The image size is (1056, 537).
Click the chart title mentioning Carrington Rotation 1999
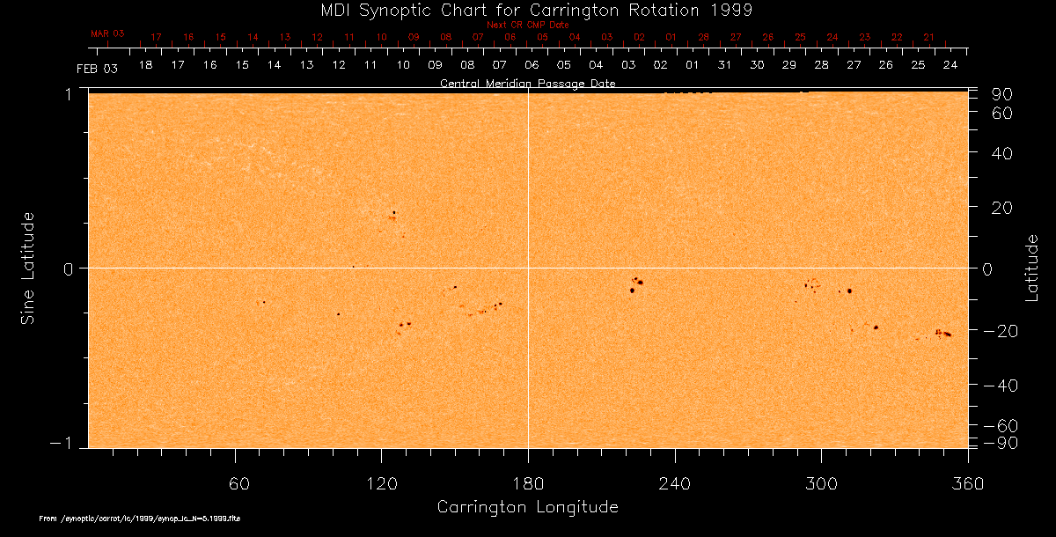coord(528,10)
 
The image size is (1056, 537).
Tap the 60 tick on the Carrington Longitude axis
coord(236,485)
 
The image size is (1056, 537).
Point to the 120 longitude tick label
coord(382,485)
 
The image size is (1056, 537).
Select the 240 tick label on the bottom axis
coord(675,485)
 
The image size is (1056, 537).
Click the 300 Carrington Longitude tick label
coord(821,485)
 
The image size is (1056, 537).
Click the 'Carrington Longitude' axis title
coord(527,507)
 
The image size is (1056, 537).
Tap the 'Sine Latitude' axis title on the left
coord(28,268)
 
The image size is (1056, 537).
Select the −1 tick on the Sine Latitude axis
coord(66,445)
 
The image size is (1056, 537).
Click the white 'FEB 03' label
coord(97,69)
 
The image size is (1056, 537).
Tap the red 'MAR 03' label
coord(107,33)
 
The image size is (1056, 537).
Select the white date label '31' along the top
coord(724,66)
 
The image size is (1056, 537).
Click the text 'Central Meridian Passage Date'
coord(527,84)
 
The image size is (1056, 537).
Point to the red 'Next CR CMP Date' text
coord(527,25)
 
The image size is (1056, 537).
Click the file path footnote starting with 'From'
coord(140,519)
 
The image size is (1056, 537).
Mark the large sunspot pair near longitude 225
coord(635,284)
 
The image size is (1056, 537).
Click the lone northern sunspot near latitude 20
coord(394,212)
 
